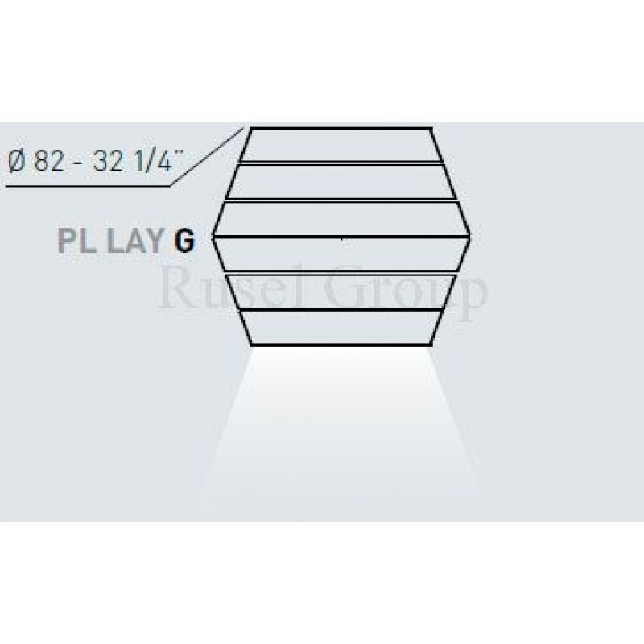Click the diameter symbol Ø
[14, 161]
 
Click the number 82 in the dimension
[47, 161]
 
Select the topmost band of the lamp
[341, 145]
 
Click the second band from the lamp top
[341, 180]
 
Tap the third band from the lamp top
[341, 218]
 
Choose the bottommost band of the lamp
[341, 328]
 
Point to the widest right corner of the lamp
[471, 237]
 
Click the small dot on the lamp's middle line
[343, 238]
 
